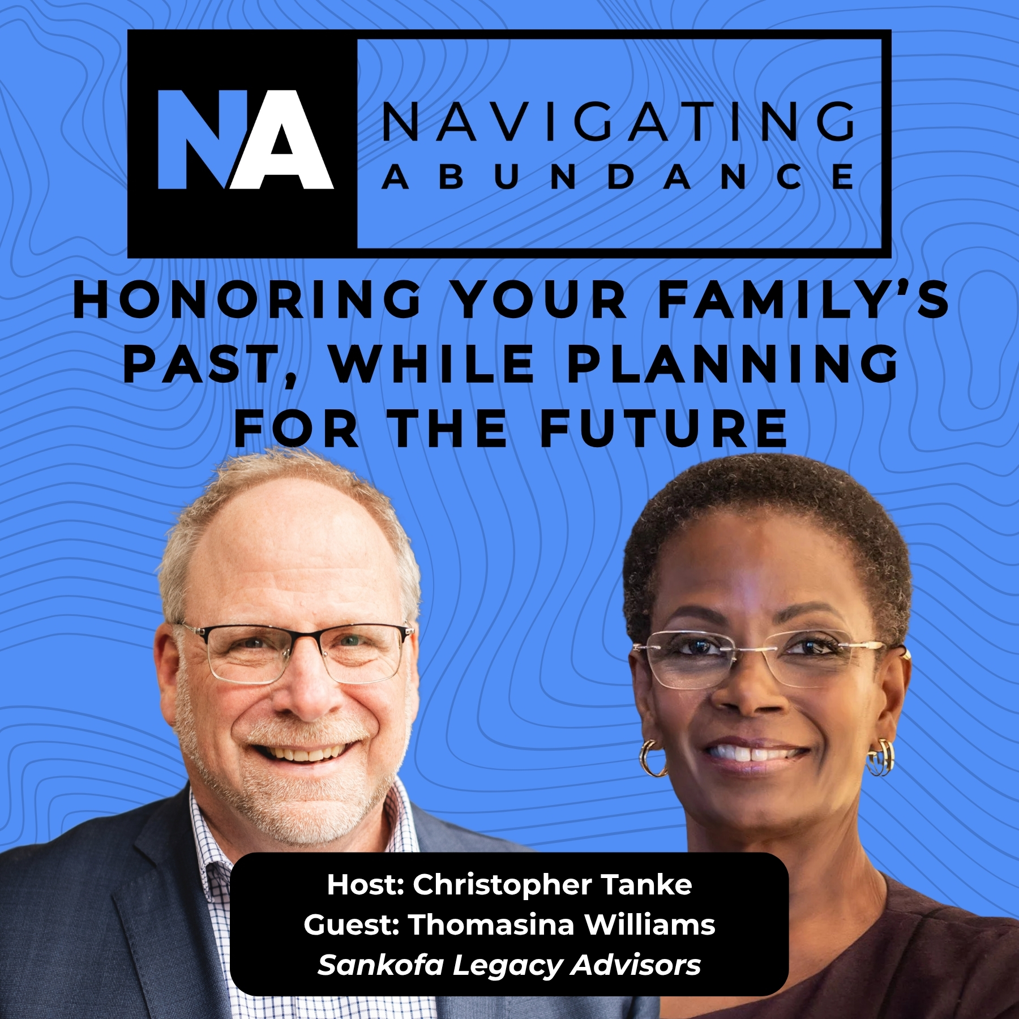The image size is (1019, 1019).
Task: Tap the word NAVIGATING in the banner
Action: (618, 121)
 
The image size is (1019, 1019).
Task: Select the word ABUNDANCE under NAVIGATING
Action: (618, 177)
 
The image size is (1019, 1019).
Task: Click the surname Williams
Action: (649, 924)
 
